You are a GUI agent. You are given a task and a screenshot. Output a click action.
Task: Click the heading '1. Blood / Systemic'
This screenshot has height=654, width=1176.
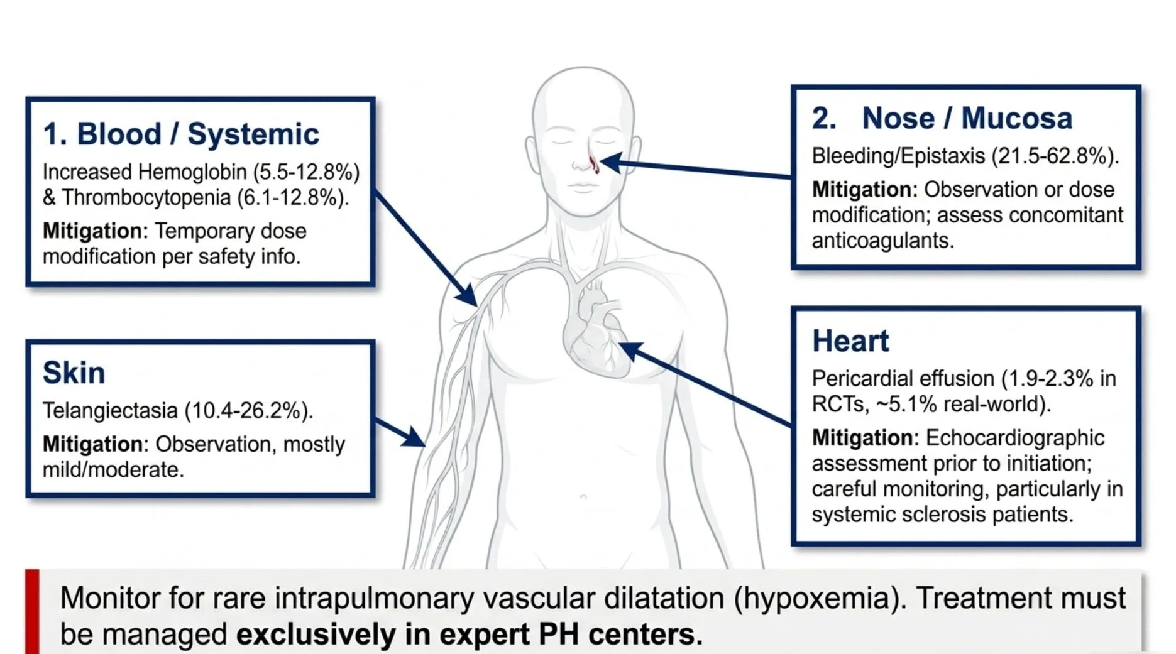tap(181, 134)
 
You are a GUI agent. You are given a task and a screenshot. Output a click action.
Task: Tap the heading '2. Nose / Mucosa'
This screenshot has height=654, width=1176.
tap(942, 118)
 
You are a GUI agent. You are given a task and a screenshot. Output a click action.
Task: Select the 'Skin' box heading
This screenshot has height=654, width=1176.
tap(74, 373)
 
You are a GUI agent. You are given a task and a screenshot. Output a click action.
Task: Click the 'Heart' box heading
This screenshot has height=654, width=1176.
tap(850, 341)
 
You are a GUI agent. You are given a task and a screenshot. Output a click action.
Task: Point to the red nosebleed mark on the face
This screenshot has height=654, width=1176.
tap(594, 165)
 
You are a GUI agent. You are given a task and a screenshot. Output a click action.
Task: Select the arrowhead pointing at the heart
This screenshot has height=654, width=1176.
tap(631, 351)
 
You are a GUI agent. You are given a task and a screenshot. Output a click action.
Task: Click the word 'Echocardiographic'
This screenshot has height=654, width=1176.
tap(1015, 438)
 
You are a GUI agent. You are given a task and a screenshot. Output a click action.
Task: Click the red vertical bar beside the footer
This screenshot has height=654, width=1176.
tap(32, 611)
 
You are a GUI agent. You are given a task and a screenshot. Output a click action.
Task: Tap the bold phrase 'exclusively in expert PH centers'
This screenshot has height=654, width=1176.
tap(469, 635)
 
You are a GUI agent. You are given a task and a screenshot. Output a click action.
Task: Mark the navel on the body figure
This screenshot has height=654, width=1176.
tap(583, 497)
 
